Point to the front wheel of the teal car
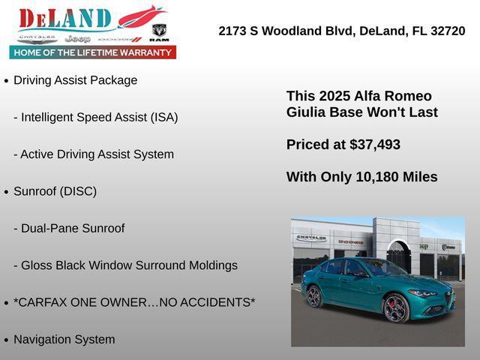(x=395, y=307)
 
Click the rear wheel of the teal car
(x=314, y=296)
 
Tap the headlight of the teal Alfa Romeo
(x=423, y=293)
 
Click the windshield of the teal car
(x=382, y=268)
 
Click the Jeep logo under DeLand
(x=77, y=38)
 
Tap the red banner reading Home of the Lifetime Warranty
(x=93, y=52)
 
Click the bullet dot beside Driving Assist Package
(x=6, y=81)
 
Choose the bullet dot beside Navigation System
(x=6, y=340)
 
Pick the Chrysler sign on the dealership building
(x=311, y=238)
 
